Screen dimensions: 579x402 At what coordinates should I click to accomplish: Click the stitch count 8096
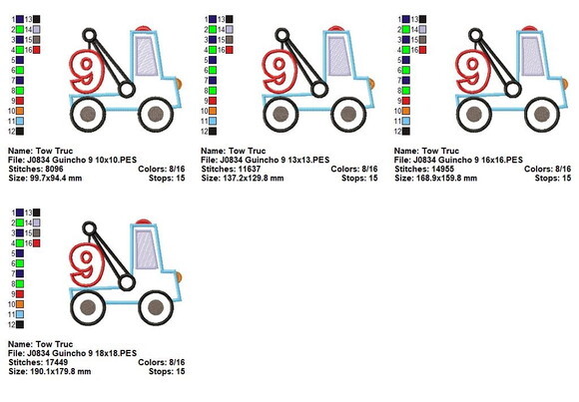54,169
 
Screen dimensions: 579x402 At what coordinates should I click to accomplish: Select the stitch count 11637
250,169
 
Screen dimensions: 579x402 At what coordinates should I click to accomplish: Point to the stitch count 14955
443,169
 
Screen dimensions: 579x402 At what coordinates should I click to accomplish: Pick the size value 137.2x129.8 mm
253,179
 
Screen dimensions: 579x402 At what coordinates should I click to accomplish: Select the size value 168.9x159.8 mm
446,179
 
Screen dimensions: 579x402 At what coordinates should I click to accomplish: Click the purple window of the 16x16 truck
532,56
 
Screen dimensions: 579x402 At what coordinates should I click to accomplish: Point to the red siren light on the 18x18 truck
143,221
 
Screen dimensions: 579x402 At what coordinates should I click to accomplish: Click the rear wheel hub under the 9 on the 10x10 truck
88,114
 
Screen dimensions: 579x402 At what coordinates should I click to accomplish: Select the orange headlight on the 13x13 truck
371,84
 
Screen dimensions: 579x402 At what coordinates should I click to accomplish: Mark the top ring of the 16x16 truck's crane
475,36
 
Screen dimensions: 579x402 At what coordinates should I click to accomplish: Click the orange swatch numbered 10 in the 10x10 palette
20,111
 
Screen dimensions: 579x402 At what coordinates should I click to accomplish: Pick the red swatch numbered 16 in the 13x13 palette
230,50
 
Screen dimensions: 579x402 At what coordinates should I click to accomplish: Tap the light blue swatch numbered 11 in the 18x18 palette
20,314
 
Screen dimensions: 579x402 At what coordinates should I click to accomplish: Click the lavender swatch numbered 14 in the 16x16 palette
423,30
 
